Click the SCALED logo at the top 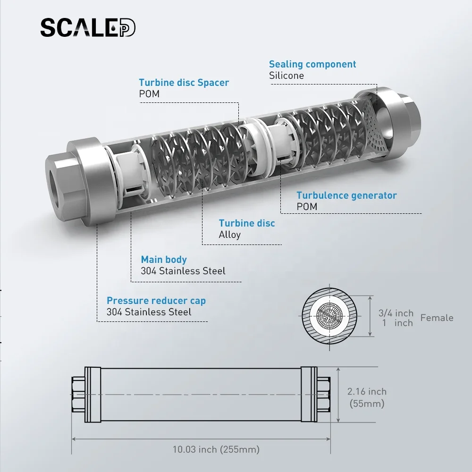88,28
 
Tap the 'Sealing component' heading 312,64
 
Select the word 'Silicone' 287,76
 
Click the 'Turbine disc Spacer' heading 184,83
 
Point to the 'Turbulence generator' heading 346,195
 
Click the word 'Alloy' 230,235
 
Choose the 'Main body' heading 164,260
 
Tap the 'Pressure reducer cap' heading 156,300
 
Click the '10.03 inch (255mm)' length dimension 216,449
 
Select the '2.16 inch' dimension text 367,391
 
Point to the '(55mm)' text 367,404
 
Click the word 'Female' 437,318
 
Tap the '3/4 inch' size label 396,313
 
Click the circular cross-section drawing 329,316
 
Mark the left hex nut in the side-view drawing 78,394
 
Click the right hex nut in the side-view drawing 324,394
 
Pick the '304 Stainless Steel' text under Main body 183,271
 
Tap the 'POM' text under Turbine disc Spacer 149,94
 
